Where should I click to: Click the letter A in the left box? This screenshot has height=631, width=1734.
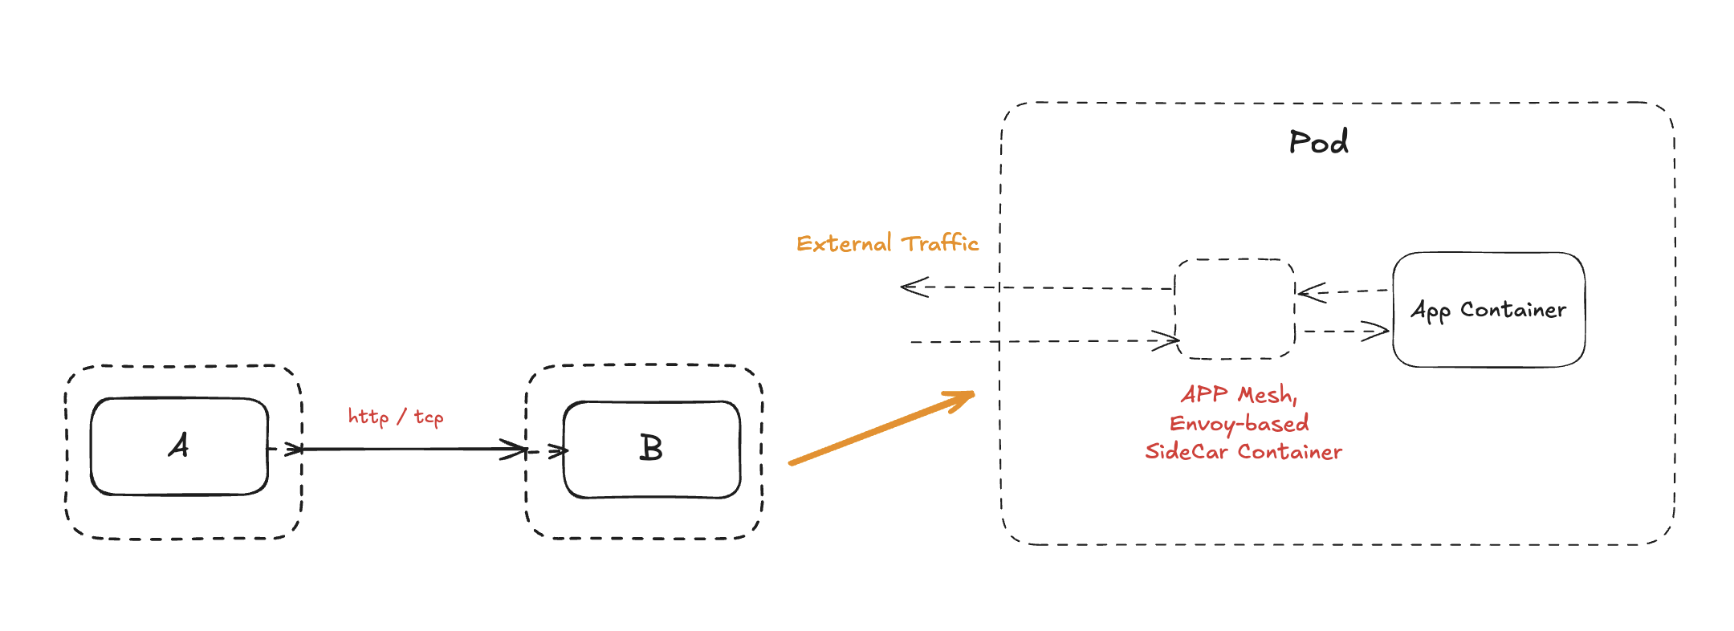click(179, 446)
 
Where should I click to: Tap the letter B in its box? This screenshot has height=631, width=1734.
click(651, 448)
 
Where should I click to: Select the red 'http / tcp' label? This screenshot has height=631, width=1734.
click(395, 417)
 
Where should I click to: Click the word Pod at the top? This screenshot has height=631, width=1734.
click(1318, 142)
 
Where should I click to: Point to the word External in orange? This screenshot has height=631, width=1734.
click(844, 243)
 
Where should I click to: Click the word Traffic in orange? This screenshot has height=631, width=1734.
click(939, 242)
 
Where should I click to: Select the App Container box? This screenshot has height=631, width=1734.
click(1488, 310)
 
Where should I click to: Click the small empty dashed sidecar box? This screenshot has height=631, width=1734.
click(1235, 309)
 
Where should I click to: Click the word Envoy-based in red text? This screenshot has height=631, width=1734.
click(1239, 423)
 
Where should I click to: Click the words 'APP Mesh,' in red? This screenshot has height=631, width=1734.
click(1239, 394)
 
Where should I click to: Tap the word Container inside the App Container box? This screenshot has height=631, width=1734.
click(1512, 310)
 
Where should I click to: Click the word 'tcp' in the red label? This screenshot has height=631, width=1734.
click(429, 417)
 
